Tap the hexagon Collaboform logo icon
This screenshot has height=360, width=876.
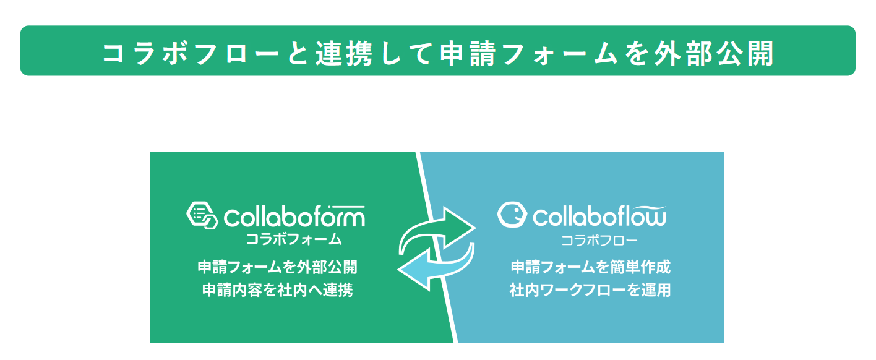[202, 215]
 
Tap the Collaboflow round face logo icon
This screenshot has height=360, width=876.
[512, 215]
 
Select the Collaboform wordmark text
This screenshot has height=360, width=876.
[294, 216]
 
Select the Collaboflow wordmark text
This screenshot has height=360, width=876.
[599, 216]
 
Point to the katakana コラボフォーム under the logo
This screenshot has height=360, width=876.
[294, 239]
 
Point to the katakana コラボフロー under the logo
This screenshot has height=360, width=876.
[599, 240]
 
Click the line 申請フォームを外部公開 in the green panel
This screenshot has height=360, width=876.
[277, 267]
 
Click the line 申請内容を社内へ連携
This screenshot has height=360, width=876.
[277, 290]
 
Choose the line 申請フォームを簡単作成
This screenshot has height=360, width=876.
[591, 267]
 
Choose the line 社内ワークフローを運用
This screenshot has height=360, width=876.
[591, 290]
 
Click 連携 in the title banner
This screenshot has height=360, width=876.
[344, 53]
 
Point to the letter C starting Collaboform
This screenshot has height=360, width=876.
[231, 218]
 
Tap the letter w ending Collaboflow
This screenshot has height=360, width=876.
[655, 218]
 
